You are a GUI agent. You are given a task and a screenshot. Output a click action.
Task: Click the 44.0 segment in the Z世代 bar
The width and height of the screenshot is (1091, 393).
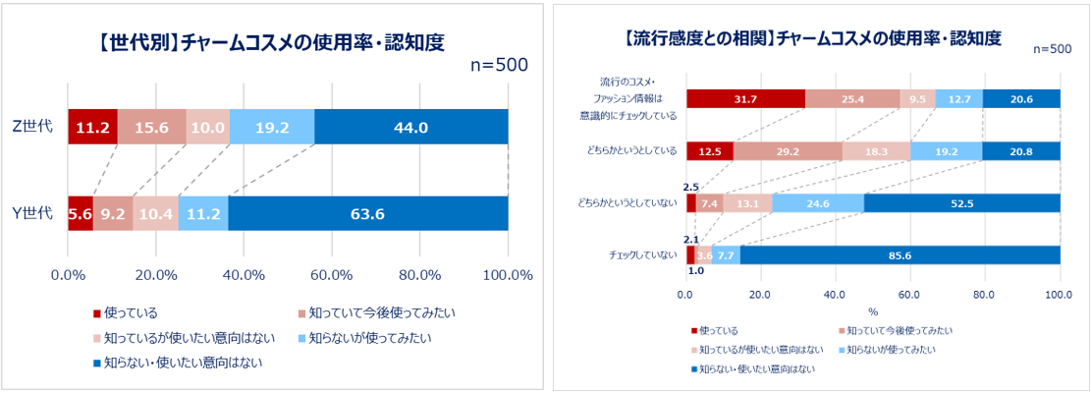click(x=410, y=127)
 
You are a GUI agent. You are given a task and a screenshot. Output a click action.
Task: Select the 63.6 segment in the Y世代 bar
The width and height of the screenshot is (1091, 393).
click(x=368, y=214)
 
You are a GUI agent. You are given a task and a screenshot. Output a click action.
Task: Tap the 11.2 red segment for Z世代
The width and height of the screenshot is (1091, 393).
click(x=92, y=127)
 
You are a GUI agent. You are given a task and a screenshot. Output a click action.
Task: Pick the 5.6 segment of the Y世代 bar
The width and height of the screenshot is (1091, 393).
click(x=81, y=214)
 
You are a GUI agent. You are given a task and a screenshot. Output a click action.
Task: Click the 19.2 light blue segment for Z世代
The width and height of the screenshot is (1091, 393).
click(x=272, y=127)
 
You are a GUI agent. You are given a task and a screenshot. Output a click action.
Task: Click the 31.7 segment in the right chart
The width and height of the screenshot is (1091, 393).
click(x=745, y=98)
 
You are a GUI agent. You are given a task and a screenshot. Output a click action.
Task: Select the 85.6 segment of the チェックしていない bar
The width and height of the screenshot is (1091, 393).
click(x=900, y=255)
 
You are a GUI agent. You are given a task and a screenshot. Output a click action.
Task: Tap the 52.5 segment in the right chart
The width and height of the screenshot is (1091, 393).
click(x=961, y=203)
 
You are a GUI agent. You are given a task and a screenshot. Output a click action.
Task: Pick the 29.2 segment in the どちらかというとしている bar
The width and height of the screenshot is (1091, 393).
click(x=788, y=151)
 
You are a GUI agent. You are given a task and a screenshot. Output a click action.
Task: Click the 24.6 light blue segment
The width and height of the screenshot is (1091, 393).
click(x=818, y=203)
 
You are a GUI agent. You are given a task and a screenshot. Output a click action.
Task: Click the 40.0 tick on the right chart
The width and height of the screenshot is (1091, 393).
click(x=836, y=294)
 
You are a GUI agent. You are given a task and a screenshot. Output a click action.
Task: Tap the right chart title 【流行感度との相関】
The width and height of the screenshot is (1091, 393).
click(x=812, y=38)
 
